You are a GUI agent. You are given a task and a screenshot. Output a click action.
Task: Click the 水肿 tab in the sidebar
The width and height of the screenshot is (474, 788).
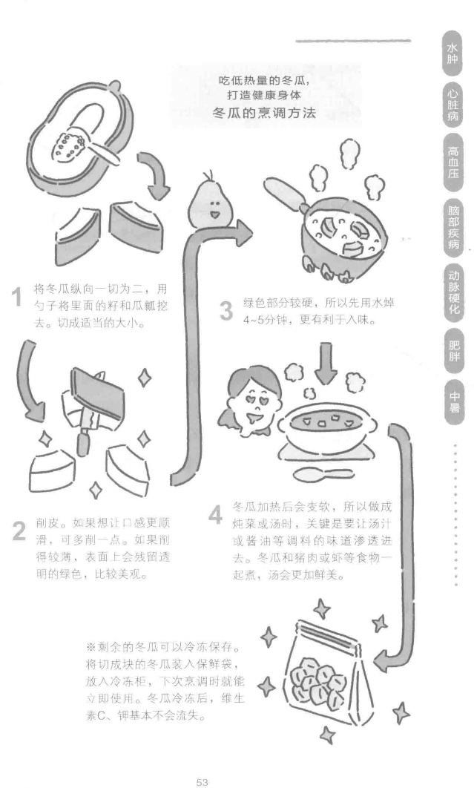click(452, 53)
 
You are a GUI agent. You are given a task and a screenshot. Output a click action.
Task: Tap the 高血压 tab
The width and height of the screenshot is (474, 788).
click(452, 162)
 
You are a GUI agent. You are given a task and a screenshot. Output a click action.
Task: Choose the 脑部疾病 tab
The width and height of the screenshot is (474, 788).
click(452, 227)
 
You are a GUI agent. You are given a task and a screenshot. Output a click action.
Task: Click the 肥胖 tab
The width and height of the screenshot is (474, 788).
click(452, 351)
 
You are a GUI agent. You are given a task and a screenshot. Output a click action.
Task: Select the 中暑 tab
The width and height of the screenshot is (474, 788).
click(452, 403)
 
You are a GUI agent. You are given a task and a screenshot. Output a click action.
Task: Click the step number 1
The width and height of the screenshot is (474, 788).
click(18, 297)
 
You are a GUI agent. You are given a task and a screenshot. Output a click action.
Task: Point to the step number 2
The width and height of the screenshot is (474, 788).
click(19, 531)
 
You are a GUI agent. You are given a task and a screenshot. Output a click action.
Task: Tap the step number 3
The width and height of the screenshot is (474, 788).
click(226, 311)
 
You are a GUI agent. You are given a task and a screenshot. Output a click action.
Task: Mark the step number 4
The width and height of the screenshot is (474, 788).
click(215, 515)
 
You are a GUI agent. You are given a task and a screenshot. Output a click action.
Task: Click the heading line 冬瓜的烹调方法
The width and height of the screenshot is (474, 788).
click(264, 113)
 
